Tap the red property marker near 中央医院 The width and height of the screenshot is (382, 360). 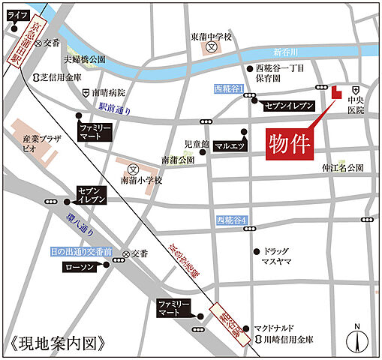335,92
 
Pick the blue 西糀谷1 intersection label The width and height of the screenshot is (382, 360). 230,89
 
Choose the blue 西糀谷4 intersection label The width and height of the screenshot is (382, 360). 231,220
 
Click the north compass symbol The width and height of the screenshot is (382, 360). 358,338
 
